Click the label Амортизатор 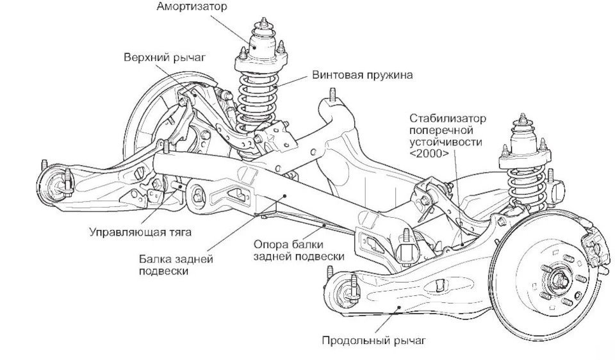click(192, 6)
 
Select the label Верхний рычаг click(165, 57)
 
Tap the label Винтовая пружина click(363, 75)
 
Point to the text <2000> click(429, 153)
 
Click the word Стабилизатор click(448, 119)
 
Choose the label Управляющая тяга click(140, 232)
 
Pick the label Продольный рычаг click(373, 340)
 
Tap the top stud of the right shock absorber click(523, 118)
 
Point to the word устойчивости click(446, 142)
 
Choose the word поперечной click(441, 130)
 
